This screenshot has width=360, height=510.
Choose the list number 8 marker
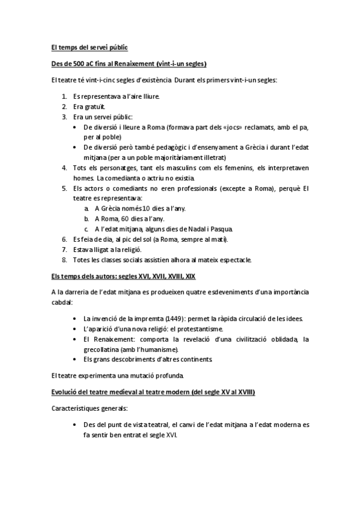pos(65,260)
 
